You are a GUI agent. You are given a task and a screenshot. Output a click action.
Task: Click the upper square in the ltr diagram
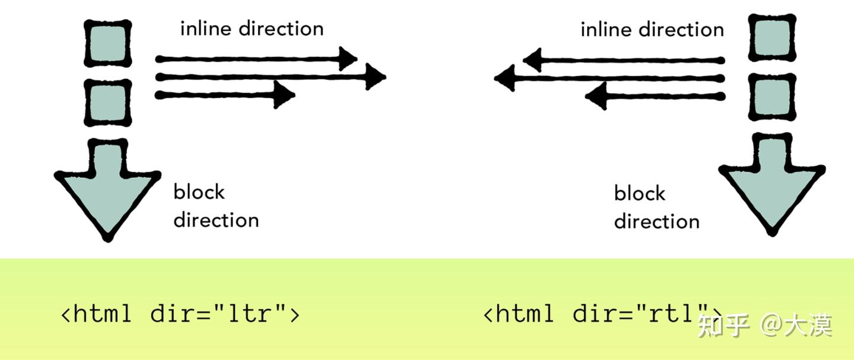108,43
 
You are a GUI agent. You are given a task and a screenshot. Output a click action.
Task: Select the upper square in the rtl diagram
772,38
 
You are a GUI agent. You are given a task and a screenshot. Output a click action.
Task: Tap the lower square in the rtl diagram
772,97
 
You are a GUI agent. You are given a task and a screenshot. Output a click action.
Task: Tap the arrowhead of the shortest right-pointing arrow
284,94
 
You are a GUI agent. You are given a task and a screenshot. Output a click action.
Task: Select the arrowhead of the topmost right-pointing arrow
347,59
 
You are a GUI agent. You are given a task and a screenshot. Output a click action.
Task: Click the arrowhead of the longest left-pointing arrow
505,78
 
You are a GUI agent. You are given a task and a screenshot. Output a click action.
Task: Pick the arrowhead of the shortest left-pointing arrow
596,96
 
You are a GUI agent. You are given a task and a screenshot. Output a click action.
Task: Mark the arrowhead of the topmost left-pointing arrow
533,60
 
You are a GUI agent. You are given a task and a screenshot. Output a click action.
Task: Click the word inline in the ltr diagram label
206,28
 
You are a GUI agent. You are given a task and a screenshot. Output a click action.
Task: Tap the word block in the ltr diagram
199,192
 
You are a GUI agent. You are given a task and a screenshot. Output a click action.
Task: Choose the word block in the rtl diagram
640,193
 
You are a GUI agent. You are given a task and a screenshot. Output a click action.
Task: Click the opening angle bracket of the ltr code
66,315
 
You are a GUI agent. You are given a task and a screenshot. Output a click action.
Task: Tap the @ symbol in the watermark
771,325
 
